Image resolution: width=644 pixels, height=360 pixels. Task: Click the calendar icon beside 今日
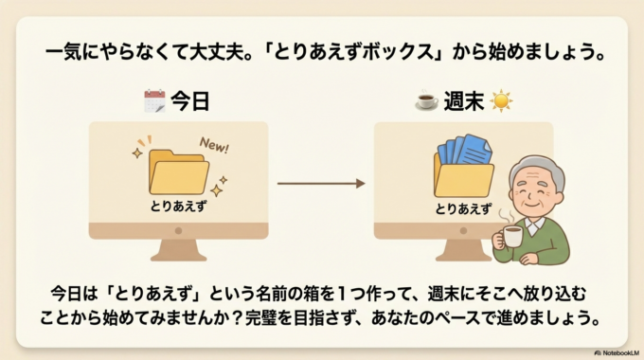tap(153, 99)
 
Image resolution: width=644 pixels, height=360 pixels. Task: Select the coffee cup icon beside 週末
tap(425, 99)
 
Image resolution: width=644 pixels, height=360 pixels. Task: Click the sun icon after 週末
tap(500, 99)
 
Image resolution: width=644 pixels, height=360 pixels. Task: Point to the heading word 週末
tap(462, 99)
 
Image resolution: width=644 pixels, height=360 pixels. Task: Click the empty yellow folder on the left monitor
tap(178, 172)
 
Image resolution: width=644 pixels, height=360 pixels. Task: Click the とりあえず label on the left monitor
tap(178, 205)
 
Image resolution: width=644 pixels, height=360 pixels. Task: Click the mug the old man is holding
tap(512, 238)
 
